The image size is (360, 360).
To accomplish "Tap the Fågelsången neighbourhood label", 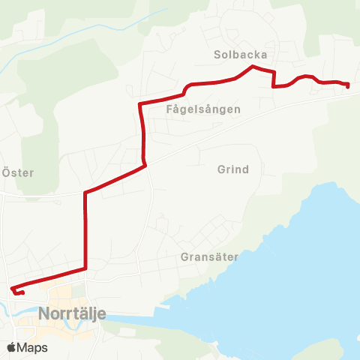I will click(203, 109).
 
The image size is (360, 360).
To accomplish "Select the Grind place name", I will click(232, 169).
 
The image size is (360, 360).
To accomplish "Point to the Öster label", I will click(19, 172).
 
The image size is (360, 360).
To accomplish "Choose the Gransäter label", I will click(209, 256).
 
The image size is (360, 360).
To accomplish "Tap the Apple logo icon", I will click(12, 347).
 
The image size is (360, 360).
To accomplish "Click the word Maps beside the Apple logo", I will click(32, 347).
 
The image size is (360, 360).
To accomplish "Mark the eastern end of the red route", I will click(349, 86).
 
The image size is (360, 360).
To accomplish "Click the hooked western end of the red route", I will click(12, 289).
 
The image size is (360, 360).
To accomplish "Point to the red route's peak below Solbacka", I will click(251, 67).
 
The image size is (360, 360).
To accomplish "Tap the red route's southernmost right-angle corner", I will click(86, 268).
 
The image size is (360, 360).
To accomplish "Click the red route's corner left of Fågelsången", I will click(140, 103).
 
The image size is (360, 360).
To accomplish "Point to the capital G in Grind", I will click(220, 169).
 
